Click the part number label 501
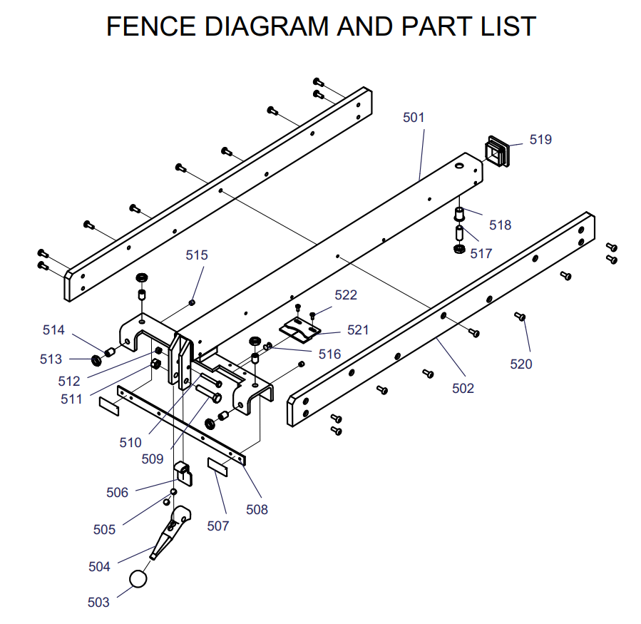pos(414,117)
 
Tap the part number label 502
pos(463,388)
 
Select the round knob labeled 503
pos(139,578)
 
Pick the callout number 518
pos(500,225)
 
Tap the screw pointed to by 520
pos(520,316)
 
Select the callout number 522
pos(346,295)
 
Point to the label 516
pos(329,354)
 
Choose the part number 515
pos(197,255)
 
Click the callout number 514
pos(53,329)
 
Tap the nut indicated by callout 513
pos(96,357)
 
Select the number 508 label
pos(257,509)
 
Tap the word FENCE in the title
pos(151,26)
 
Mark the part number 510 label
pos(130,442)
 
